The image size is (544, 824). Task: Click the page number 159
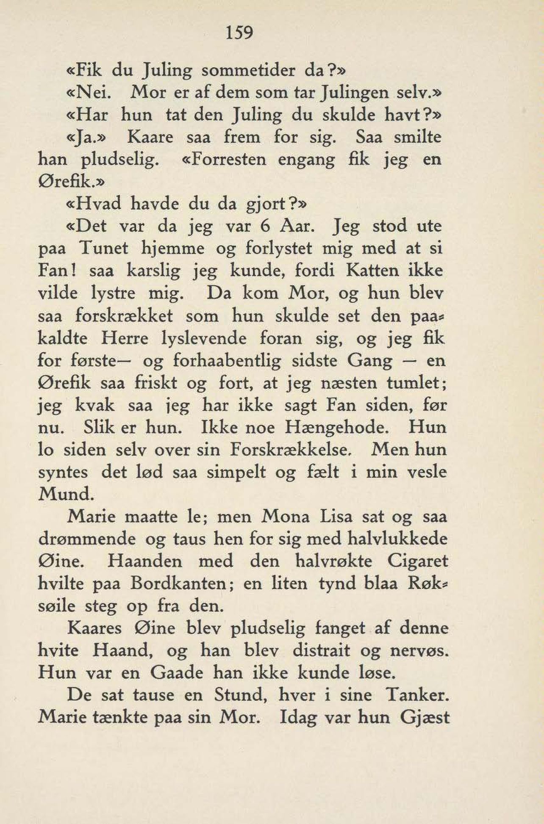pos(239,32)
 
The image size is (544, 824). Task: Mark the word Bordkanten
pos(175,584)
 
